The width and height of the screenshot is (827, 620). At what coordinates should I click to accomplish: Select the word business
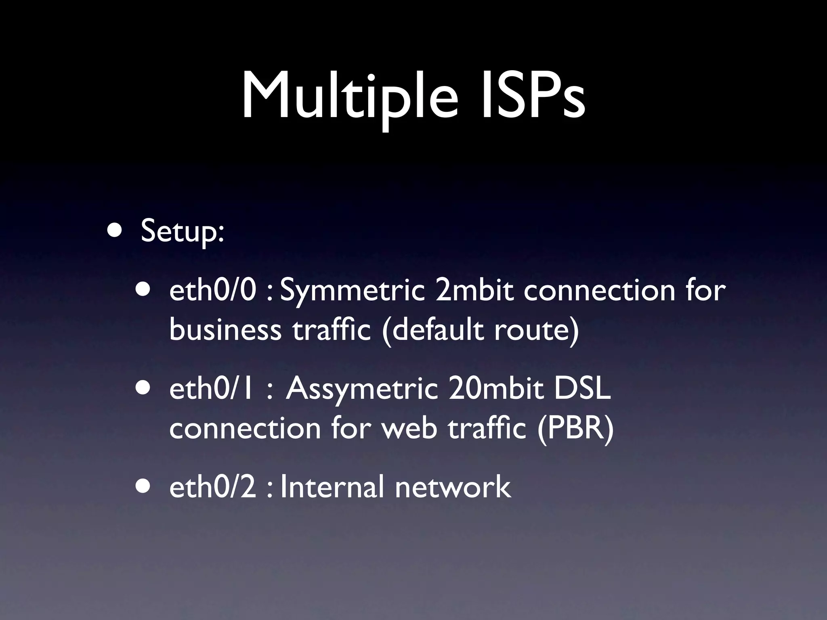point(225,329)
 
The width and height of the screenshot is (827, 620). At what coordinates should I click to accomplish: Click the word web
point(409,428)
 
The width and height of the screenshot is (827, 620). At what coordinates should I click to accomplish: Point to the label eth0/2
point(212,487)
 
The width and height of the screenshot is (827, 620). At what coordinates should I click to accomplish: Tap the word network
point(453,487)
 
